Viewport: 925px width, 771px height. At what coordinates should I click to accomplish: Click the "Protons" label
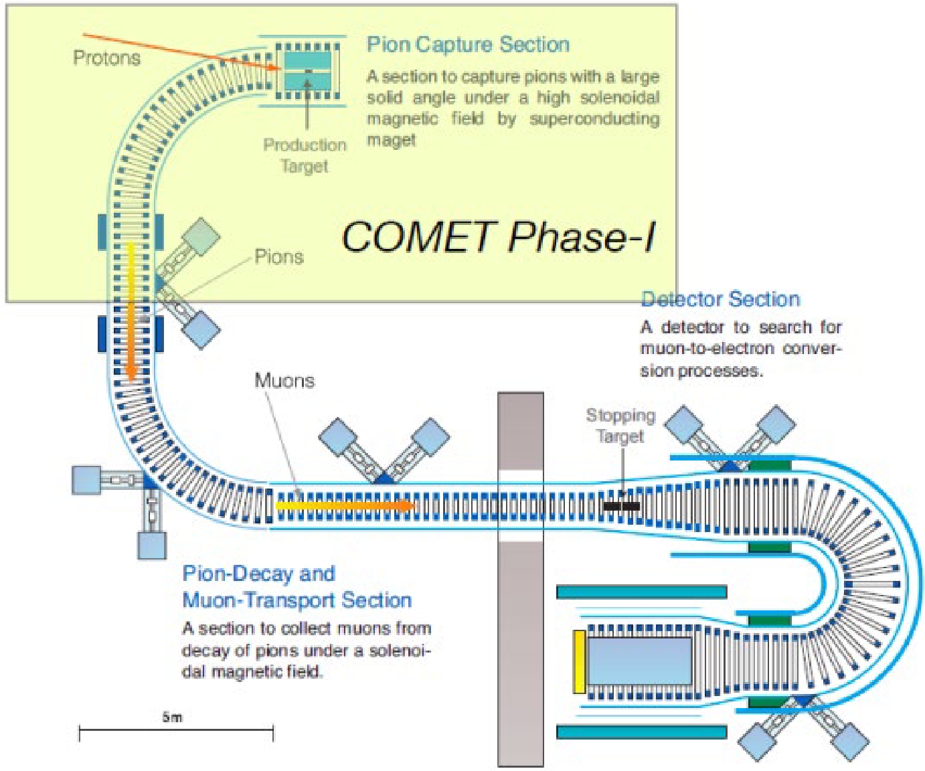click(x=107, y=58)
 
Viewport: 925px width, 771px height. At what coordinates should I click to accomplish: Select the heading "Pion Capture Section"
click(x=469, y=44)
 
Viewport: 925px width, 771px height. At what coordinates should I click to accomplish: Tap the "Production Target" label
click(x=305, y=155)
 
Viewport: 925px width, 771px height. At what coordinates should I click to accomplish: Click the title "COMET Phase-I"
click(x=499, y=237)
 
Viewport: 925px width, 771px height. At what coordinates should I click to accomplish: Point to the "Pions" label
click(x=279, y=257)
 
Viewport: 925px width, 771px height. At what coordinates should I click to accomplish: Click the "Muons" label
click(x=284, y=381)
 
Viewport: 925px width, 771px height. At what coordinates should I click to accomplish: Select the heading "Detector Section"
click(x=721, y=299)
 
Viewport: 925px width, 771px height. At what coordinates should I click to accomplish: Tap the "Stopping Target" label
click(x=620, y=426)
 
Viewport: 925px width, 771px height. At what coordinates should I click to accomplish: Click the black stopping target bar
click(x=622, y=505)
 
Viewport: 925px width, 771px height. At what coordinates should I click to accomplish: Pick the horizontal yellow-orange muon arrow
click(x=345, y=505)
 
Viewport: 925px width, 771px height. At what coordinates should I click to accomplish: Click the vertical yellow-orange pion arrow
click(x=131, y=312)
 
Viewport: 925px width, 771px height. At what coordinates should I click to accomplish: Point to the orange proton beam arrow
click(x=181, y=52)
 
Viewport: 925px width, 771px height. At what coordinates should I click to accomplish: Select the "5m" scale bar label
click(x=172, y=717)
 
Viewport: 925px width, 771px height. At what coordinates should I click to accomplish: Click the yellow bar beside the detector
click(x=580, y=661)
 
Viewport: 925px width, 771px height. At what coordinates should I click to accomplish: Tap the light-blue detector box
click(x=639, y=661)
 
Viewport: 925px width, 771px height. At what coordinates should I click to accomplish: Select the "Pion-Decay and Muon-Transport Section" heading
click(x=297, y=587)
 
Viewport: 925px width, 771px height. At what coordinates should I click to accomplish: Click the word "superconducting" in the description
click(x=594, y=118)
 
